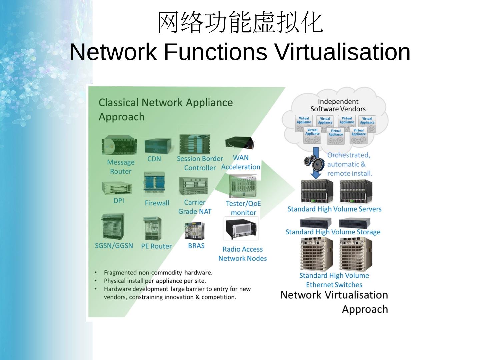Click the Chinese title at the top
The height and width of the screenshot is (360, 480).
pyautogui.click(x=240, y=23)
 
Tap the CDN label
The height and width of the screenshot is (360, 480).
pyautogui.click(x=154, y=159)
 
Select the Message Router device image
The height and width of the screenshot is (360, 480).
pyautogui.click(x=119, y=145)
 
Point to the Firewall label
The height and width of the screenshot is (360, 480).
pyautogui.click(x=157, y=203)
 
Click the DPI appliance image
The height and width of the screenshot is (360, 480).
pyautogui.click(x=117, y=188)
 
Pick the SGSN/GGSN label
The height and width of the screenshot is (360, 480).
pyautogui.click(x=114, y=246)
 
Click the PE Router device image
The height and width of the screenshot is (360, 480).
pyautogui.click(x=152, y=228)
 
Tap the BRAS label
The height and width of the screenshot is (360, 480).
pyautogui.click(x=196, y=246)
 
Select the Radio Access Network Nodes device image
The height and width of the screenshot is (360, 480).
pyautogui.click(x=241, y=229)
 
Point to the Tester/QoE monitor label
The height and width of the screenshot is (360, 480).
pyautogui.click(x=243, y=208)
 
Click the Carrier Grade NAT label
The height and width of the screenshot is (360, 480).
pyautogui.click(x=195, y=207)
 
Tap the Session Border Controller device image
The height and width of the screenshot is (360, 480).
pyautogui.click(x=195, y=144)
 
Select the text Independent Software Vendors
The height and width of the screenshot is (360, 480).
pyautogui.click(x=338, y=105)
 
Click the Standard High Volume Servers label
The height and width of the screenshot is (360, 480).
pyautogui.click(x=334, y=209)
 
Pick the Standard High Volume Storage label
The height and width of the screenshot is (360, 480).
pyautogui.click(x=333, y=232)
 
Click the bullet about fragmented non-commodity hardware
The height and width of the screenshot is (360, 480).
pyautogui.click(x=158, y=273)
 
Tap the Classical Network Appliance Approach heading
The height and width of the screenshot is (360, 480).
pyautogui.click(x=166, y=109)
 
